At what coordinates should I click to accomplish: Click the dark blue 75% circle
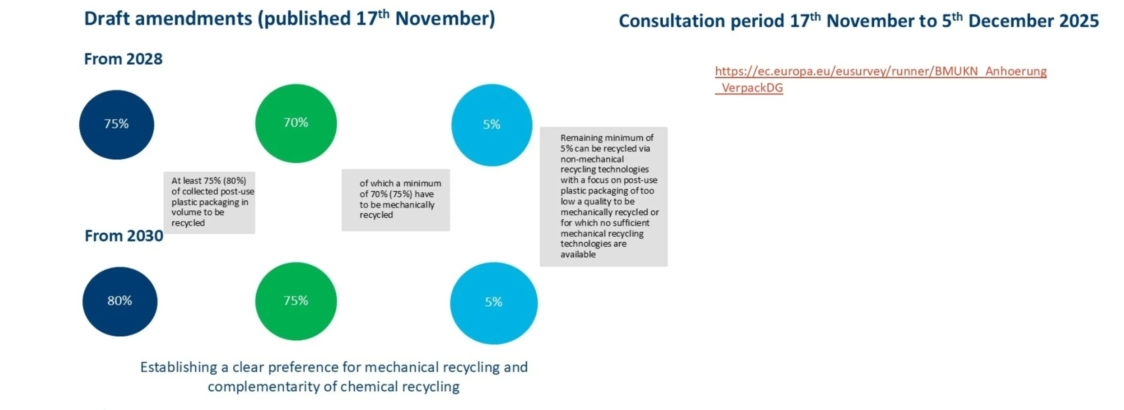pyautogui.click(x=116, y=124)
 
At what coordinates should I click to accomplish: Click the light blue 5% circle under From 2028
pyautogui.click(x=492, y=125)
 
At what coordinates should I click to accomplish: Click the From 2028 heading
pyautogui.click(x=123, y=59)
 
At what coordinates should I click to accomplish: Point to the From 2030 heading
pyautogui.click(x=124, y=236)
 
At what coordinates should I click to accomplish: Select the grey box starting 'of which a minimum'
pyautogui.click(x=395, y=199)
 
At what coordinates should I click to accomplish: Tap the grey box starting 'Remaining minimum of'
pyautogui.click(x=604, y=197)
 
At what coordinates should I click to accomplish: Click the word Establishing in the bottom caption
pyautogui.click(x=179, y=367)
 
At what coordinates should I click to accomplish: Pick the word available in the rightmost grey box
pyautogui.click(x=578, y=254)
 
